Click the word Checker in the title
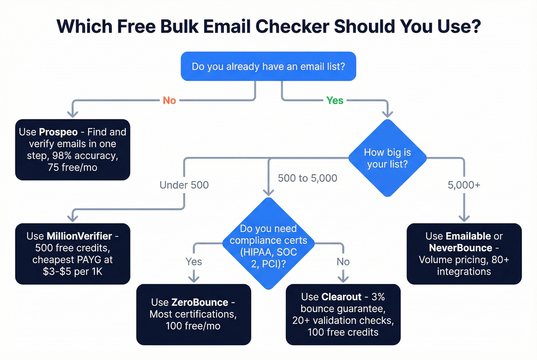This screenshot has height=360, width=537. [292, 26]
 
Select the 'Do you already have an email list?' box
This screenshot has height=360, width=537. [268, 66]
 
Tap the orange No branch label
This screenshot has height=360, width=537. [169, 100]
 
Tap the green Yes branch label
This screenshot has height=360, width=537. [335, 100]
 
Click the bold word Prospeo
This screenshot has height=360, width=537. [58, 132]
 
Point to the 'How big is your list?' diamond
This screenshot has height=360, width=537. [387, 158]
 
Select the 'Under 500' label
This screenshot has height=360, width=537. [184, 185]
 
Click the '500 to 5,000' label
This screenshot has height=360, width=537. [307, 178]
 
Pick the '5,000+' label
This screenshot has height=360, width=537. [464, 185]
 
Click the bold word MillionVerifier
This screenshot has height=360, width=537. [79, 236]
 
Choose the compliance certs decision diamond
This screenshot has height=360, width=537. [268, 245]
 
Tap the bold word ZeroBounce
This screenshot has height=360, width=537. [199, 302]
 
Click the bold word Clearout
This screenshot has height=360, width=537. [341, 297]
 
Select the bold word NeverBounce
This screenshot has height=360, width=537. [460, 248]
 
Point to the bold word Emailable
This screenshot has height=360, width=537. [468, 236]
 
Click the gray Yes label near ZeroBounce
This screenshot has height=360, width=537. [194, 261]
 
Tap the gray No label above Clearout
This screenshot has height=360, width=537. [343, 261]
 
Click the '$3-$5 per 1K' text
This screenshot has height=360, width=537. [72, 271]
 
